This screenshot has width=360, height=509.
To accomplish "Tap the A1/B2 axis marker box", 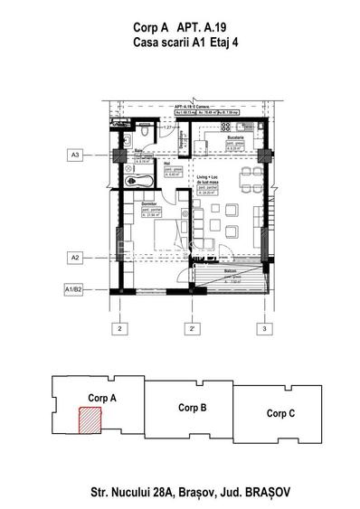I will click(74, 289).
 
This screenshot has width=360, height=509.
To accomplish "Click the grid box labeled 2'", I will click(191, 328).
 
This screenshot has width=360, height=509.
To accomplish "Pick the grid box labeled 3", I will click(263, 328).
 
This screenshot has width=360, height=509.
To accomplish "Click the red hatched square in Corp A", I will click(90, 420).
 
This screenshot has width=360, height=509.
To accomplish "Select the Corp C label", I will click(279, 413).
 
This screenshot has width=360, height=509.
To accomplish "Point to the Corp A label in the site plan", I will click(105, 397).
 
